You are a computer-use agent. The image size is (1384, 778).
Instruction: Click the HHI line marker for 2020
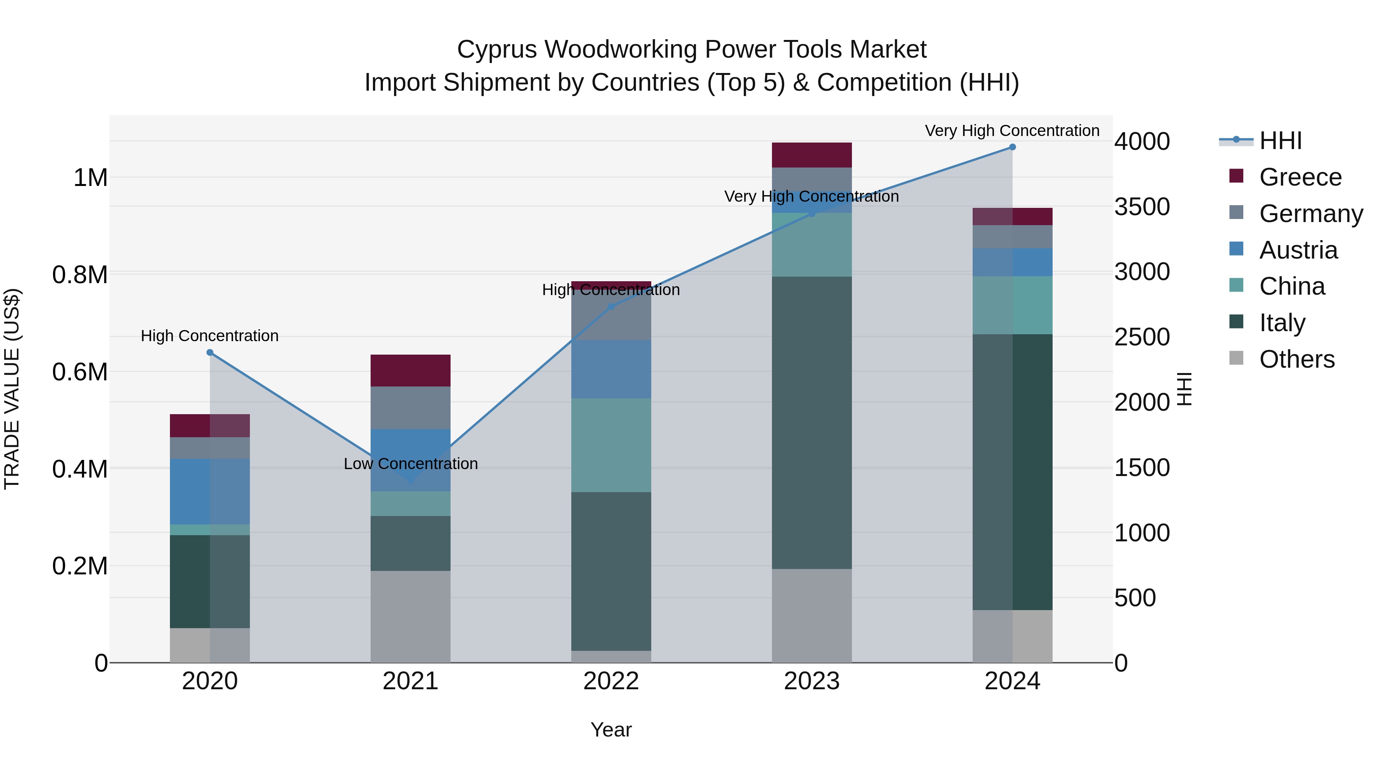(x=210, y=353)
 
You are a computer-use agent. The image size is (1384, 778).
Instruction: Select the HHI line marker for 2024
(x=1012, y=147)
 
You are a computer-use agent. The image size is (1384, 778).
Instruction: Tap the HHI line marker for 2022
(x=611, y=307)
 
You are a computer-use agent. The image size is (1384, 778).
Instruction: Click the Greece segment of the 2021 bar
(x=411, y=370)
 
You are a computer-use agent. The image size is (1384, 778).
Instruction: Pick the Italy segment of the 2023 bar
(x=812, y=423)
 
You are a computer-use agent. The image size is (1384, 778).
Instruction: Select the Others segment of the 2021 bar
(x=411, y=616)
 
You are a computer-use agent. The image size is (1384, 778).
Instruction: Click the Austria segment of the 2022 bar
(x=611, y=369)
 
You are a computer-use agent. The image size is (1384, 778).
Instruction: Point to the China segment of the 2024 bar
(x=1012, y=305)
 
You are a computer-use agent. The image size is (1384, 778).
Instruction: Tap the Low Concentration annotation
(x=411, y=464)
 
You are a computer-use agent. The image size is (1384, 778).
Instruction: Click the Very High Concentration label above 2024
(x=1012, y=131)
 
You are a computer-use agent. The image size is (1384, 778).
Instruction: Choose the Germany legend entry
(x=1311, y=214)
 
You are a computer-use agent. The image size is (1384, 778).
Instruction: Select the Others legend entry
(x=1296, y=359)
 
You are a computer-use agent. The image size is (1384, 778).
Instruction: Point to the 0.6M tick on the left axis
(x=80, y=372)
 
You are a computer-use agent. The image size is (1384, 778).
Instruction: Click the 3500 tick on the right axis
(x=1142, y=207)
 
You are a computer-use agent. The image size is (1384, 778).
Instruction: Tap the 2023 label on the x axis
(x=812, y=681)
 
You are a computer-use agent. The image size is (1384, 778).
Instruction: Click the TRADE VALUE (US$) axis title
(x=12, y=389)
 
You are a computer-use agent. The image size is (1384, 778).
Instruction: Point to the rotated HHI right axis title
(x=1184, y=389)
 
